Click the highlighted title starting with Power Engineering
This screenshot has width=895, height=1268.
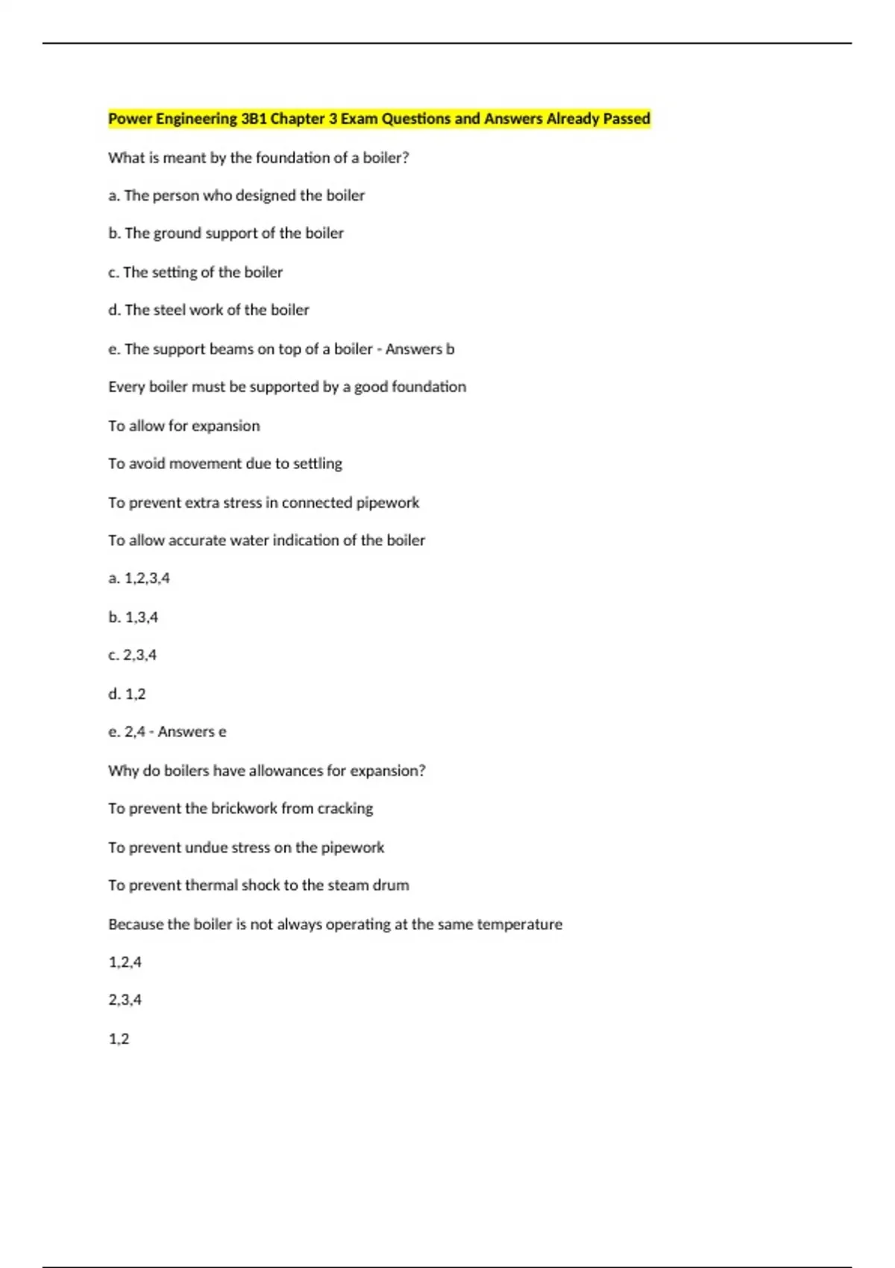tap(379, 119)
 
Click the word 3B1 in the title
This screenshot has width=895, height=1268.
tap(254, 119)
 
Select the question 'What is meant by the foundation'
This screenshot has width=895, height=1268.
tap(258, 157)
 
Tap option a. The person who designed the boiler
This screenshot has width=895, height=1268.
tap(236, 195)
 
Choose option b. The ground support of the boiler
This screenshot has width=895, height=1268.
tap(226, 233)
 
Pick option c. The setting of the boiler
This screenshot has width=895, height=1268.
tap(195, 272)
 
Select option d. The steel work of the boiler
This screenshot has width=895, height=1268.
tap(209, 310)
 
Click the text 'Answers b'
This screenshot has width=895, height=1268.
tap(420, 349)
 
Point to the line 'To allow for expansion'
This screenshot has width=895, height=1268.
tap(184, 426)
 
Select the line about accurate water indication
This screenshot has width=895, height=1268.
tap(266, 540)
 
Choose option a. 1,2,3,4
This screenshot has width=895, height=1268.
tap(139, 578)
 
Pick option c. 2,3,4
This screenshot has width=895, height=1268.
tap(133, 655)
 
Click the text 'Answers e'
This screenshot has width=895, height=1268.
tap(192, 732)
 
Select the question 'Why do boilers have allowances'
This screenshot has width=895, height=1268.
tap(266, 770)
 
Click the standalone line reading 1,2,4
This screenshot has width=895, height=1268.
tap(125, 962)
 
